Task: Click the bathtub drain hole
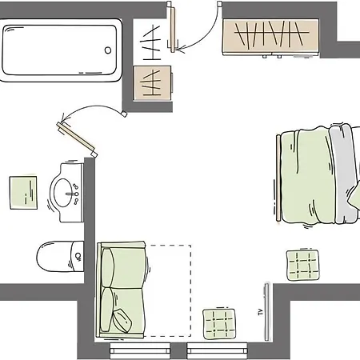(x=108, y=50)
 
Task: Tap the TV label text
(x=261, y=312)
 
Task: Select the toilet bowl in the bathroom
(x=54, y=256)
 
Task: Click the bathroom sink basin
(x=63, y=193)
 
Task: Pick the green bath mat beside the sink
(x=23, y=193)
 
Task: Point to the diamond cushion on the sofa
(x=122, y=321)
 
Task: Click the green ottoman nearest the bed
(x=303, y=265)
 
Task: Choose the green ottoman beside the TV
(x=219, y=324)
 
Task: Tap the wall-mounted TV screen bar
(x=266, y=312)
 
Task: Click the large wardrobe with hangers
(x=271, y=37)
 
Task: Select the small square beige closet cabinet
(x=153, y=83)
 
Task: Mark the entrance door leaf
(x=172, y=30)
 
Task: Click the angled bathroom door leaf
(x=75, y=136)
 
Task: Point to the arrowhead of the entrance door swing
(x=180, y=50)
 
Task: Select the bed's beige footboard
(x=278, y=178)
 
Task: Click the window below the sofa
(x=140, y=351)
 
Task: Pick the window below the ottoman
(x=217, y=351)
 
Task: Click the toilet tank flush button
(x=78, y=256)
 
